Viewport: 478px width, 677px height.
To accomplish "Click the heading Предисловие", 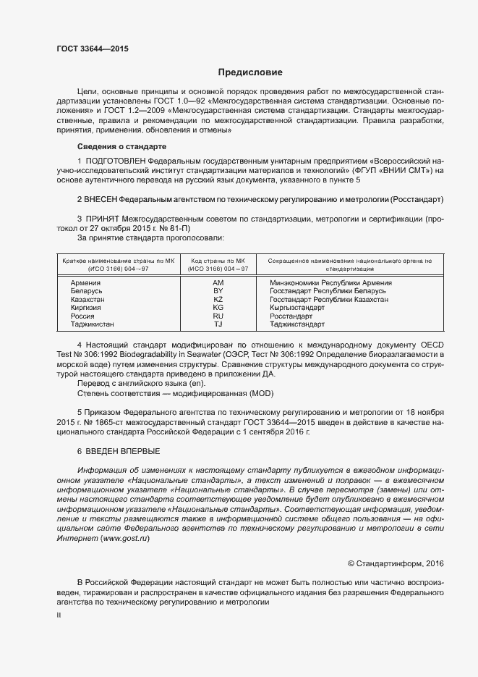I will click(x=250, y=72).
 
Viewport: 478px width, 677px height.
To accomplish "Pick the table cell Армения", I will click(x=85, y=283).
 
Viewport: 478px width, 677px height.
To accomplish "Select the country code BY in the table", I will click(x=218, y=291).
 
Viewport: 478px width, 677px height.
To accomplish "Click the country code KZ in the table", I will click(x=218, y=300).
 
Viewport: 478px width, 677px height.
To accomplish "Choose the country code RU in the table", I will click(x=218, y=316).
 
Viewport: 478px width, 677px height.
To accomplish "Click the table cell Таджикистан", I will click(x=93, y=325).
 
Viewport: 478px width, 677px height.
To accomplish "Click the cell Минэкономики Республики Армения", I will click(x=330, y=283).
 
